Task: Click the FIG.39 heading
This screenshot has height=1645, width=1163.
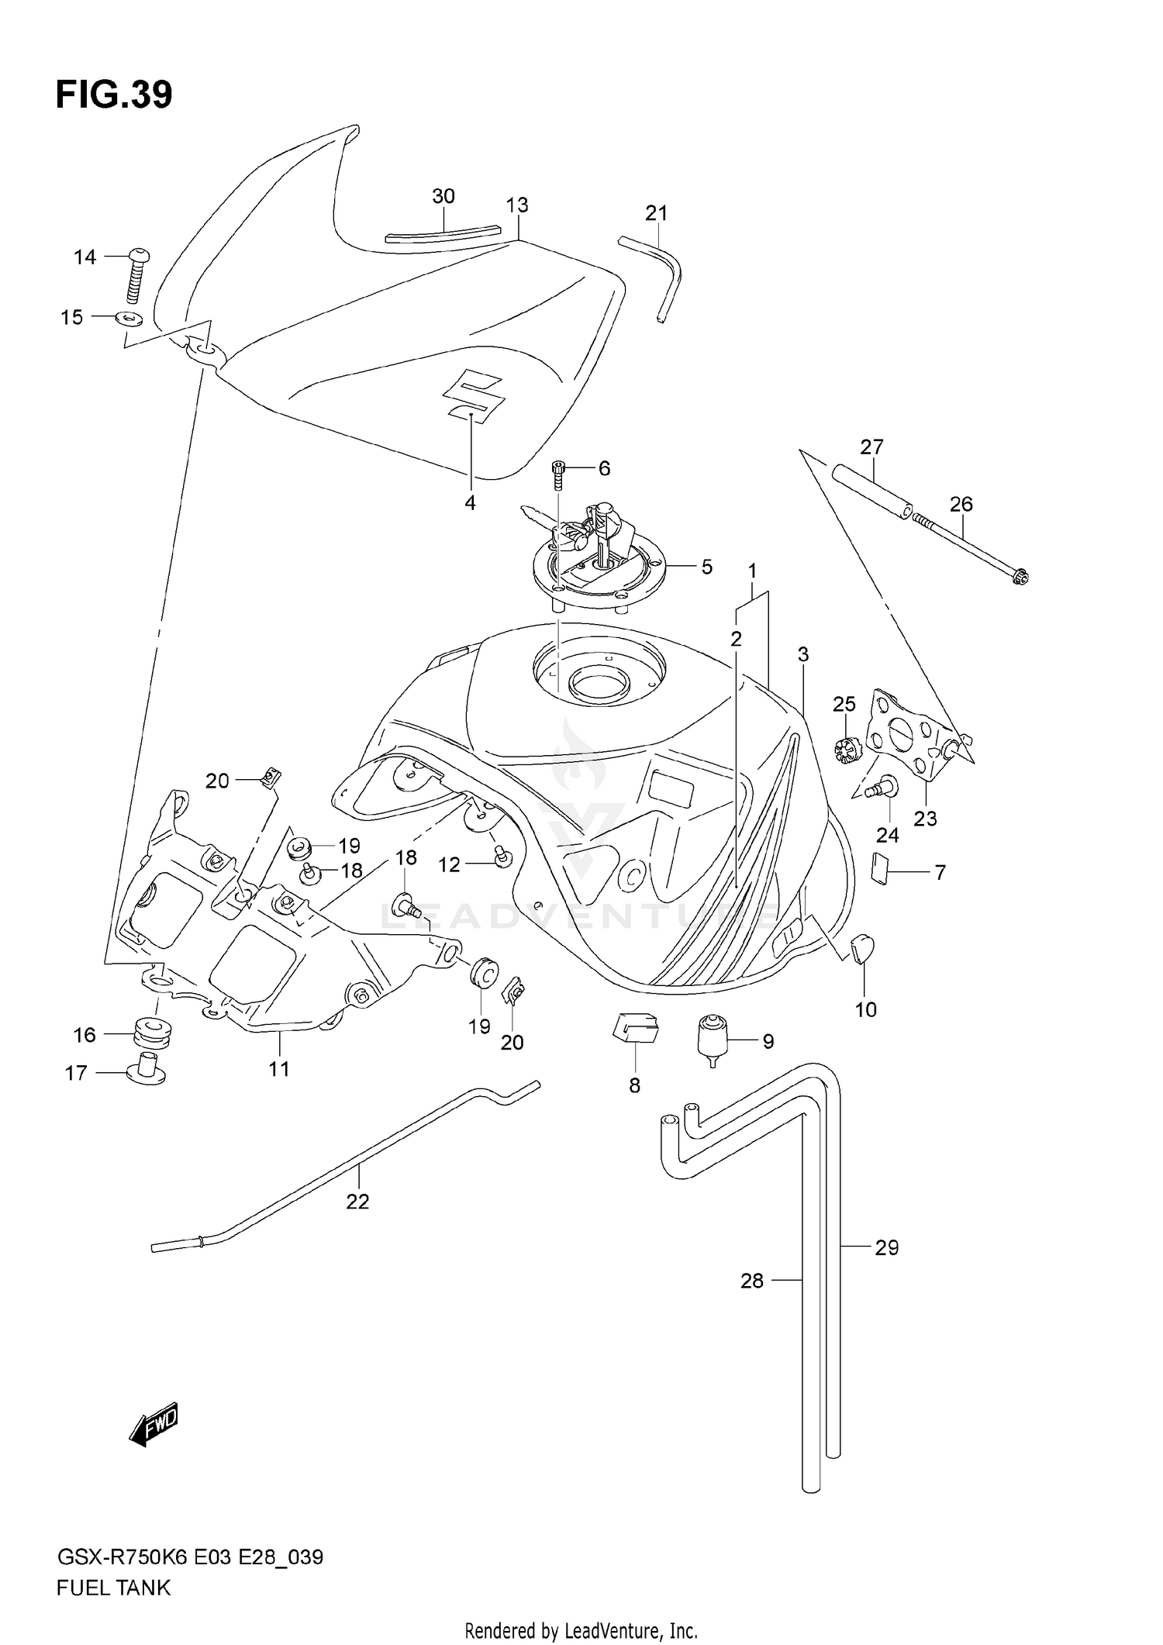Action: tap(114, 95)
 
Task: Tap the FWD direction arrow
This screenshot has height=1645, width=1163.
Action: tap(154, 1425)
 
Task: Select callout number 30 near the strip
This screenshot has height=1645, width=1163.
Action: tap(443, 197)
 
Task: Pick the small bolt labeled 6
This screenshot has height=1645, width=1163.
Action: tap(558, 474)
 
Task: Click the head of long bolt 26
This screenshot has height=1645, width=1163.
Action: tap(1021, 576)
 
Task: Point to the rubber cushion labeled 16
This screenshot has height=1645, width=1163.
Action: tap(152, 1032)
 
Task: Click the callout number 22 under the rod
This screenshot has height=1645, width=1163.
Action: tap(357, 1202)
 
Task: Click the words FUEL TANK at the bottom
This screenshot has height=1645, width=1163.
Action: tap(113, 1588)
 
